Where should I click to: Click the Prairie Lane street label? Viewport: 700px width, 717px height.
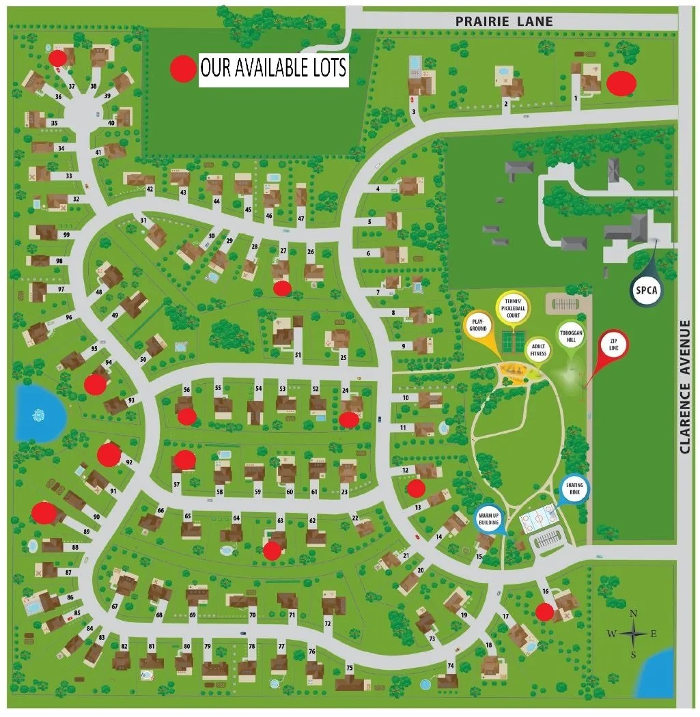click(504, 22)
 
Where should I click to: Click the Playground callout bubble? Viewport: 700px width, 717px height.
click(478, 325)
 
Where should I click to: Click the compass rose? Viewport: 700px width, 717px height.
click(633, 634)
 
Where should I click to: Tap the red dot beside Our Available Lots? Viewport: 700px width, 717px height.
click(182, 68)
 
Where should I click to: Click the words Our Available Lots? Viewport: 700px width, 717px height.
click(273, 68)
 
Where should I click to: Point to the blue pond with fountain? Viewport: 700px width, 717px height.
click(38, 412)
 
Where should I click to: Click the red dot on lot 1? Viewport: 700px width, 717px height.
click(621, 83)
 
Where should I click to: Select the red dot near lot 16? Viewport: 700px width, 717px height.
click(544, 612)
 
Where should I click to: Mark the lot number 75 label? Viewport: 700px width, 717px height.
click(349, 667)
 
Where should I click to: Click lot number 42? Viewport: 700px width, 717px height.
click(150, 189)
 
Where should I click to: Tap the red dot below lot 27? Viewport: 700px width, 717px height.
click(281, 289)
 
